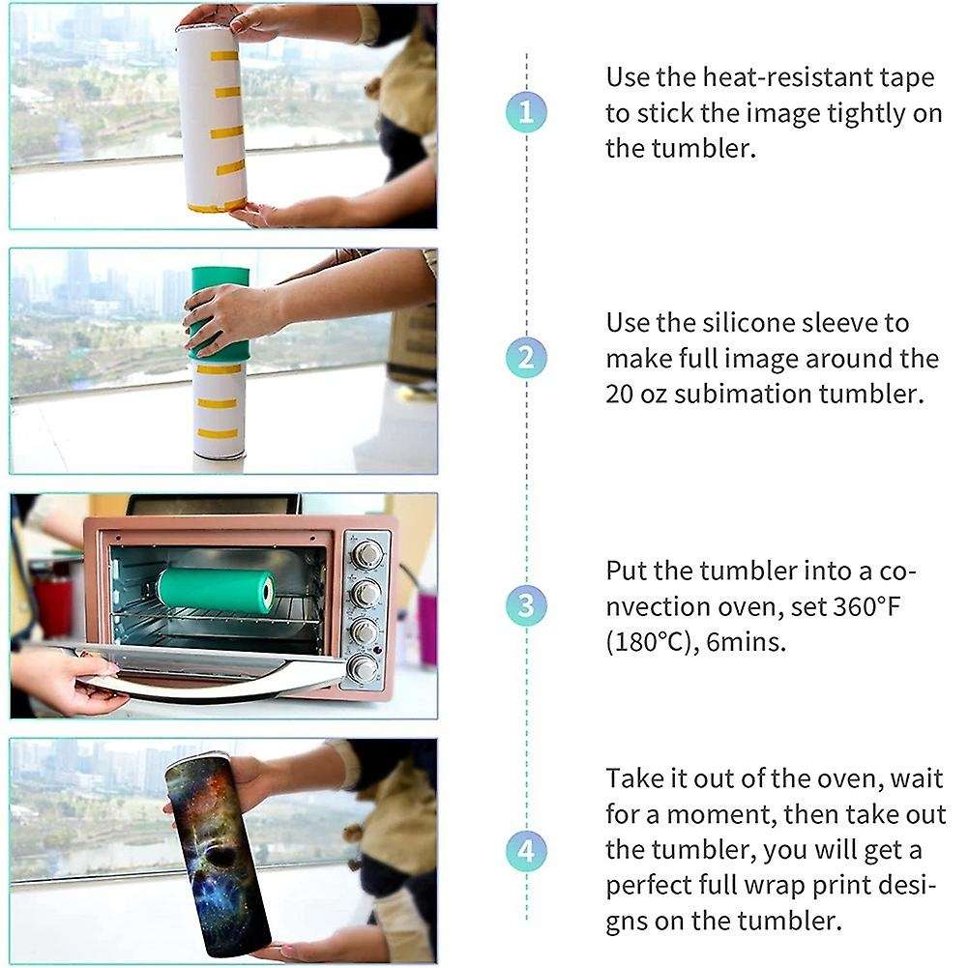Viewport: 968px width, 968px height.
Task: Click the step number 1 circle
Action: click(x=525, y=112)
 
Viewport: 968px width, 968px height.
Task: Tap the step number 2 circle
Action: click(x=525, y=359)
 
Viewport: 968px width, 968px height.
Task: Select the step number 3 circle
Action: click(x=525, y=605)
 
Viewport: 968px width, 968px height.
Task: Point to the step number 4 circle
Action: click(x=525, y=852)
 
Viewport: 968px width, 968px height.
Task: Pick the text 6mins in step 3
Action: click(x=748, y=642)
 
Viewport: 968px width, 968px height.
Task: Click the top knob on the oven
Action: click(x=367, y=554)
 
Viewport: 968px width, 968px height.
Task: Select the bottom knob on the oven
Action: click(x=365, y=666)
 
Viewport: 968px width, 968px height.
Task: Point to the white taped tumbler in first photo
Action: click(x=214, y=116)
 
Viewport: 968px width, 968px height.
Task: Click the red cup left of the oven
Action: click(x=53, y=604)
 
